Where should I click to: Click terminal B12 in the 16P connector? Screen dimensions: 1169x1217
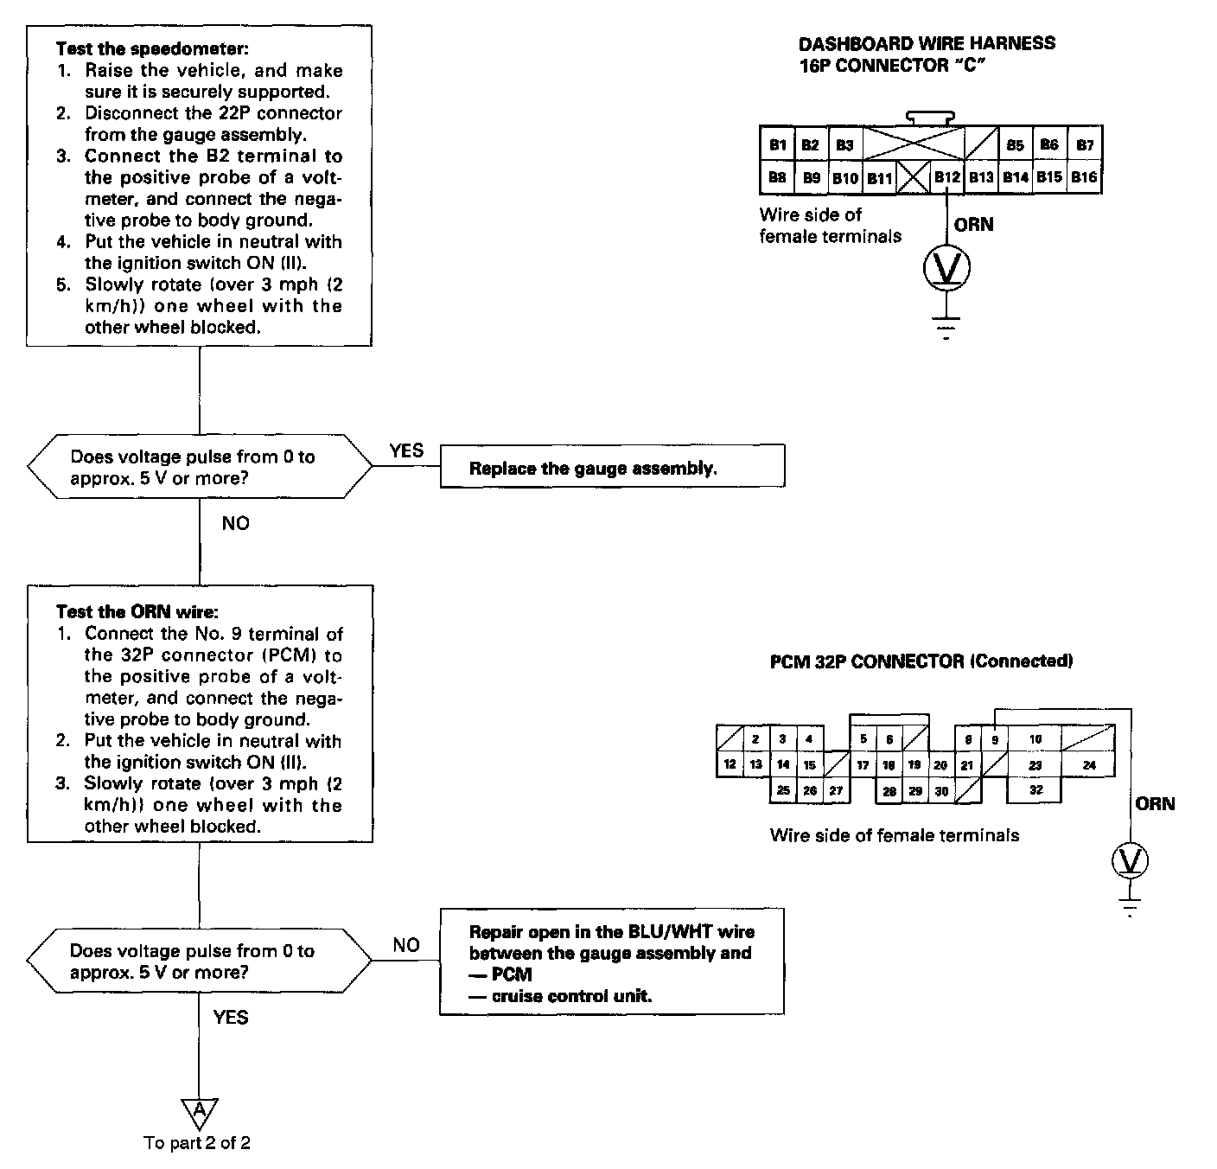tap(946, 177)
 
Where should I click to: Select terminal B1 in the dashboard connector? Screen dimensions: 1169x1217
tap(777, 145)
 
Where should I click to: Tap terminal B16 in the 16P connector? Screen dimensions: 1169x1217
tap(1084, 177)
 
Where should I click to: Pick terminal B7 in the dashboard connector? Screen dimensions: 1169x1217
tap(1084, 145)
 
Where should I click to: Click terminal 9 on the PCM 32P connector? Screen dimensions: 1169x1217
tap(994, 740)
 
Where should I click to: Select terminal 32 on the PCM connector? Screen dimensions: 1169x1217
tap(1035, 789)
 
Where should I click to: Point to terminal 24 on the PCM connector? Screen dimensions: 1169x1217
tap(1088, 764)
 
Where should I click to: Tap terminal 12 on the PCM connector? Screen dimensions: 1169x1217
tap(730, 764)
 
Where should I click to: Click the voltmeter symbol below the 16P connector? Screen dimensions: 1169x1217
tap(947, 271)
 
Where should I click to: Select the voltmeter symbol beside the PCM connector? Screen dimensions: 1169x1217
tap(1129, 861)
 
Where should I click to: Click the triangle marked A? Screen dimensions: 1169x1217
tap(200, 1109)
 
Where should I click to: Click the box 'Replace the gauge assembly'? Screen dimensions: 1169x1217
tap(612, 469)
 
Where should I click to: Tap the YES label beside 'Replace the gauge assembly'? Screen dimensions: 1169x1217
tap(406, 450)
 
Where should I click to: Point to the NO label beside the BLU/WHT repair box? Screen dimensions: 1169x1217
tap(406, 945)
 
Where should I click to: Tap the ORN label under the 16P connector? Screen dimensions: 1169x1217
tap(973, 225)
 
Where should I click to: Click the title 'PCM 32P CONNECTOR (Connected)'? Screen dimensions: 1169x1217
tap(921, 661)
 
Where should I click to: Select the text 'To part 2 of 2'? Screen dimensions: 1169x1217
tap(197, 1143)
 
